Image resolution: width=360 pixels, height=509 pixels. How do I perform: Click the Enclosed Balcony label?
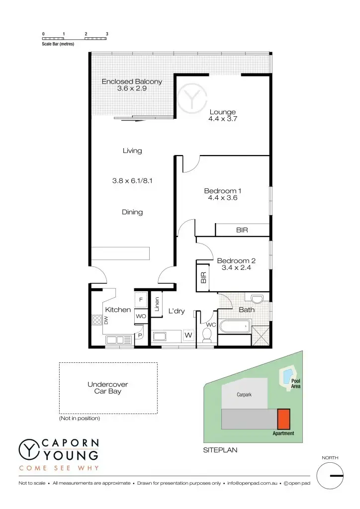[132, 85]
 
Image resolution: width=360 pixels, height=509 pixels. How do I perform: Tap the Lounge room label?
[222, 115]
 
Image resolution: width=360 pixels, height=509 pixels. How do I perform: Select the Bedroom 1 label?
[222, 194]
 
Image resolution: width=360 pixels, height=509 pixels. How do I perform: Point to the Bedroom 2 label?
[236, 264]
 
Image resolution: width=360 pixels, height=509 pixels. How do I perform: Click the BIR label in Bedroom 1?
[242, 230]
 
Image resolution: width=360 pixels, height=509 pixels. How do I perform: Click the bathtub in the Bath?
[234, 327]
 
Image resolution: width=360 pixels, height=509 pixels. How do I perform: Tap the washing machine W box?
[188, 336]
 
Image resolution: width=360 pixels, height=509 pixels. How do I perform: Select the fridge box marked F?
[141, 300]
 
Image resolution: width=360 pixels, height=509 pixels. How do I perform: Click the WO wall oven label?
[141, 316]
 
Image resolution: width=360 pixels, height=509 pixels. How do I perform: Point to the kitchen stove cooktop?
[95, 319]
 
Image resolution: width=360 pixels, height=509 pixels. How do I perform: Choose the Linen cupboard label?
[157, 304]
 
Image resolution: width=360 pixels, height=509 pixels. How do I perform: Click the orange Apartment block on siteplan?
[283, 419]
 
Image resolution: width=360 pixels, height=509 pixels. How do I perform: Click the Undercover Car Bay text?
[108, 388]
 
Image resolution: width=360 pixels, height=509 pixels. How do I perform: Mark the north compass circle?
[330, 476]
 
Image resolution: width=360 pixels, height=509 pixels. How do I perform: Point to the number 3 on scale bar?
[107, 34]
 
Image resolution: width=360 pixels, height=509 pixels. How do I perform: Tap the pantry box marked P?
[140, 336]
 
